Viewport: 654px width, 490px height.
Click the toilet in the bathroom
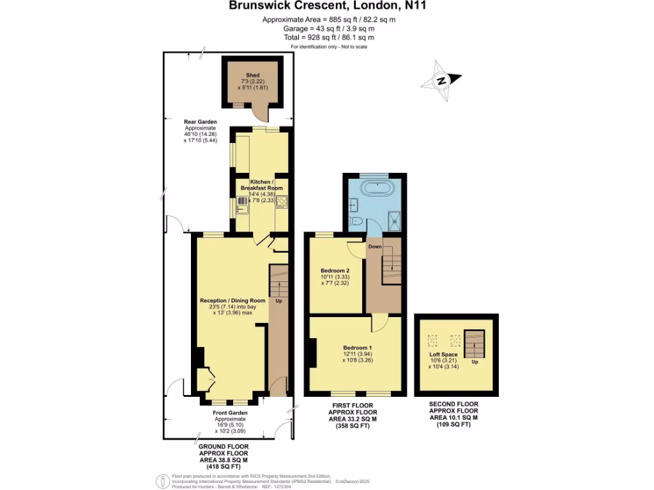[x=356, y=222]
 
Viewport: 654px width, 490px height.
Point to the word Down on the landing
[x=375, y=246]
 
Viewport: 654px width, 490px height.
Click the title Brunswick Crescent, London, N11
[x=328, y=6]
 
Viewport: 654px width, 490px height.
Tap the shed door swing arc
[x=261, y=115]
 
